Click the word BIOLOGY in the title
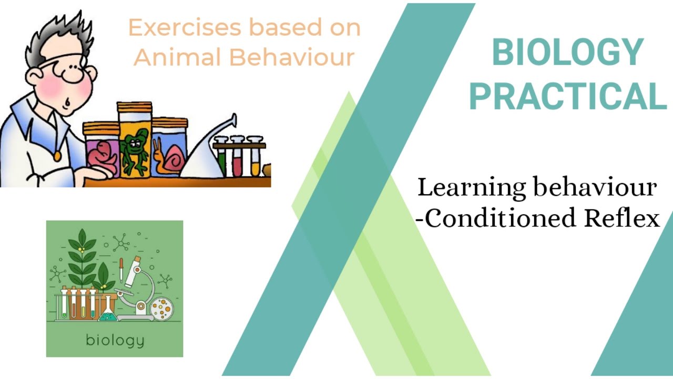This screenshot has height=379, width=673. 567,53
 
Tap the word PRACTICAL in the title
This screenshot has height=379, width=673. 567,96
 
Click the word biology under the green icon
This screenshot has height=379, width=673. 115,340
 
